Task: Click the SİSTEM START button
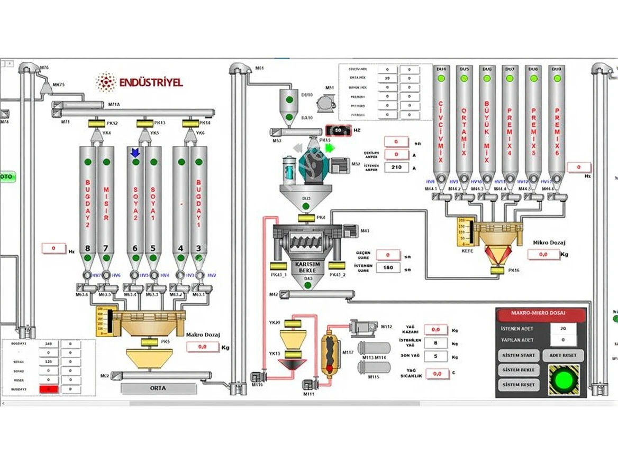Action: point(519,356)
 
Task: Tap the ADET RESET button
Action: point(563,356)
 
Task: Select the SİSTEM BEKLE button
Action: point(519,370)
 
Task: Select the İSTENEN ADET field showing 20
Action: point(562,328)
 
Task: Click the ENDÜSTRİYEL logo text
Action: point(150,82)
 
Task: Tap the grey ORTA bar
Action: point(158,388)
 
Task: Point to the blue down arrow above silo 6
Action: point(135,152)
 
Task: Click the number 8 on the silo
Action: point(88,248)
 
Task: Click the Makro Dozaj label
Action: point(203,334)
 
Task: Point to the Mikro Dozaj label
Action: point(549,243)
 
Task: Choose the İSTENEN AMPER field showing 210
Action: point(396,168)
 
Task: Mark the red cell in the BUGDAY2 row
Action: point(49,389)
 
